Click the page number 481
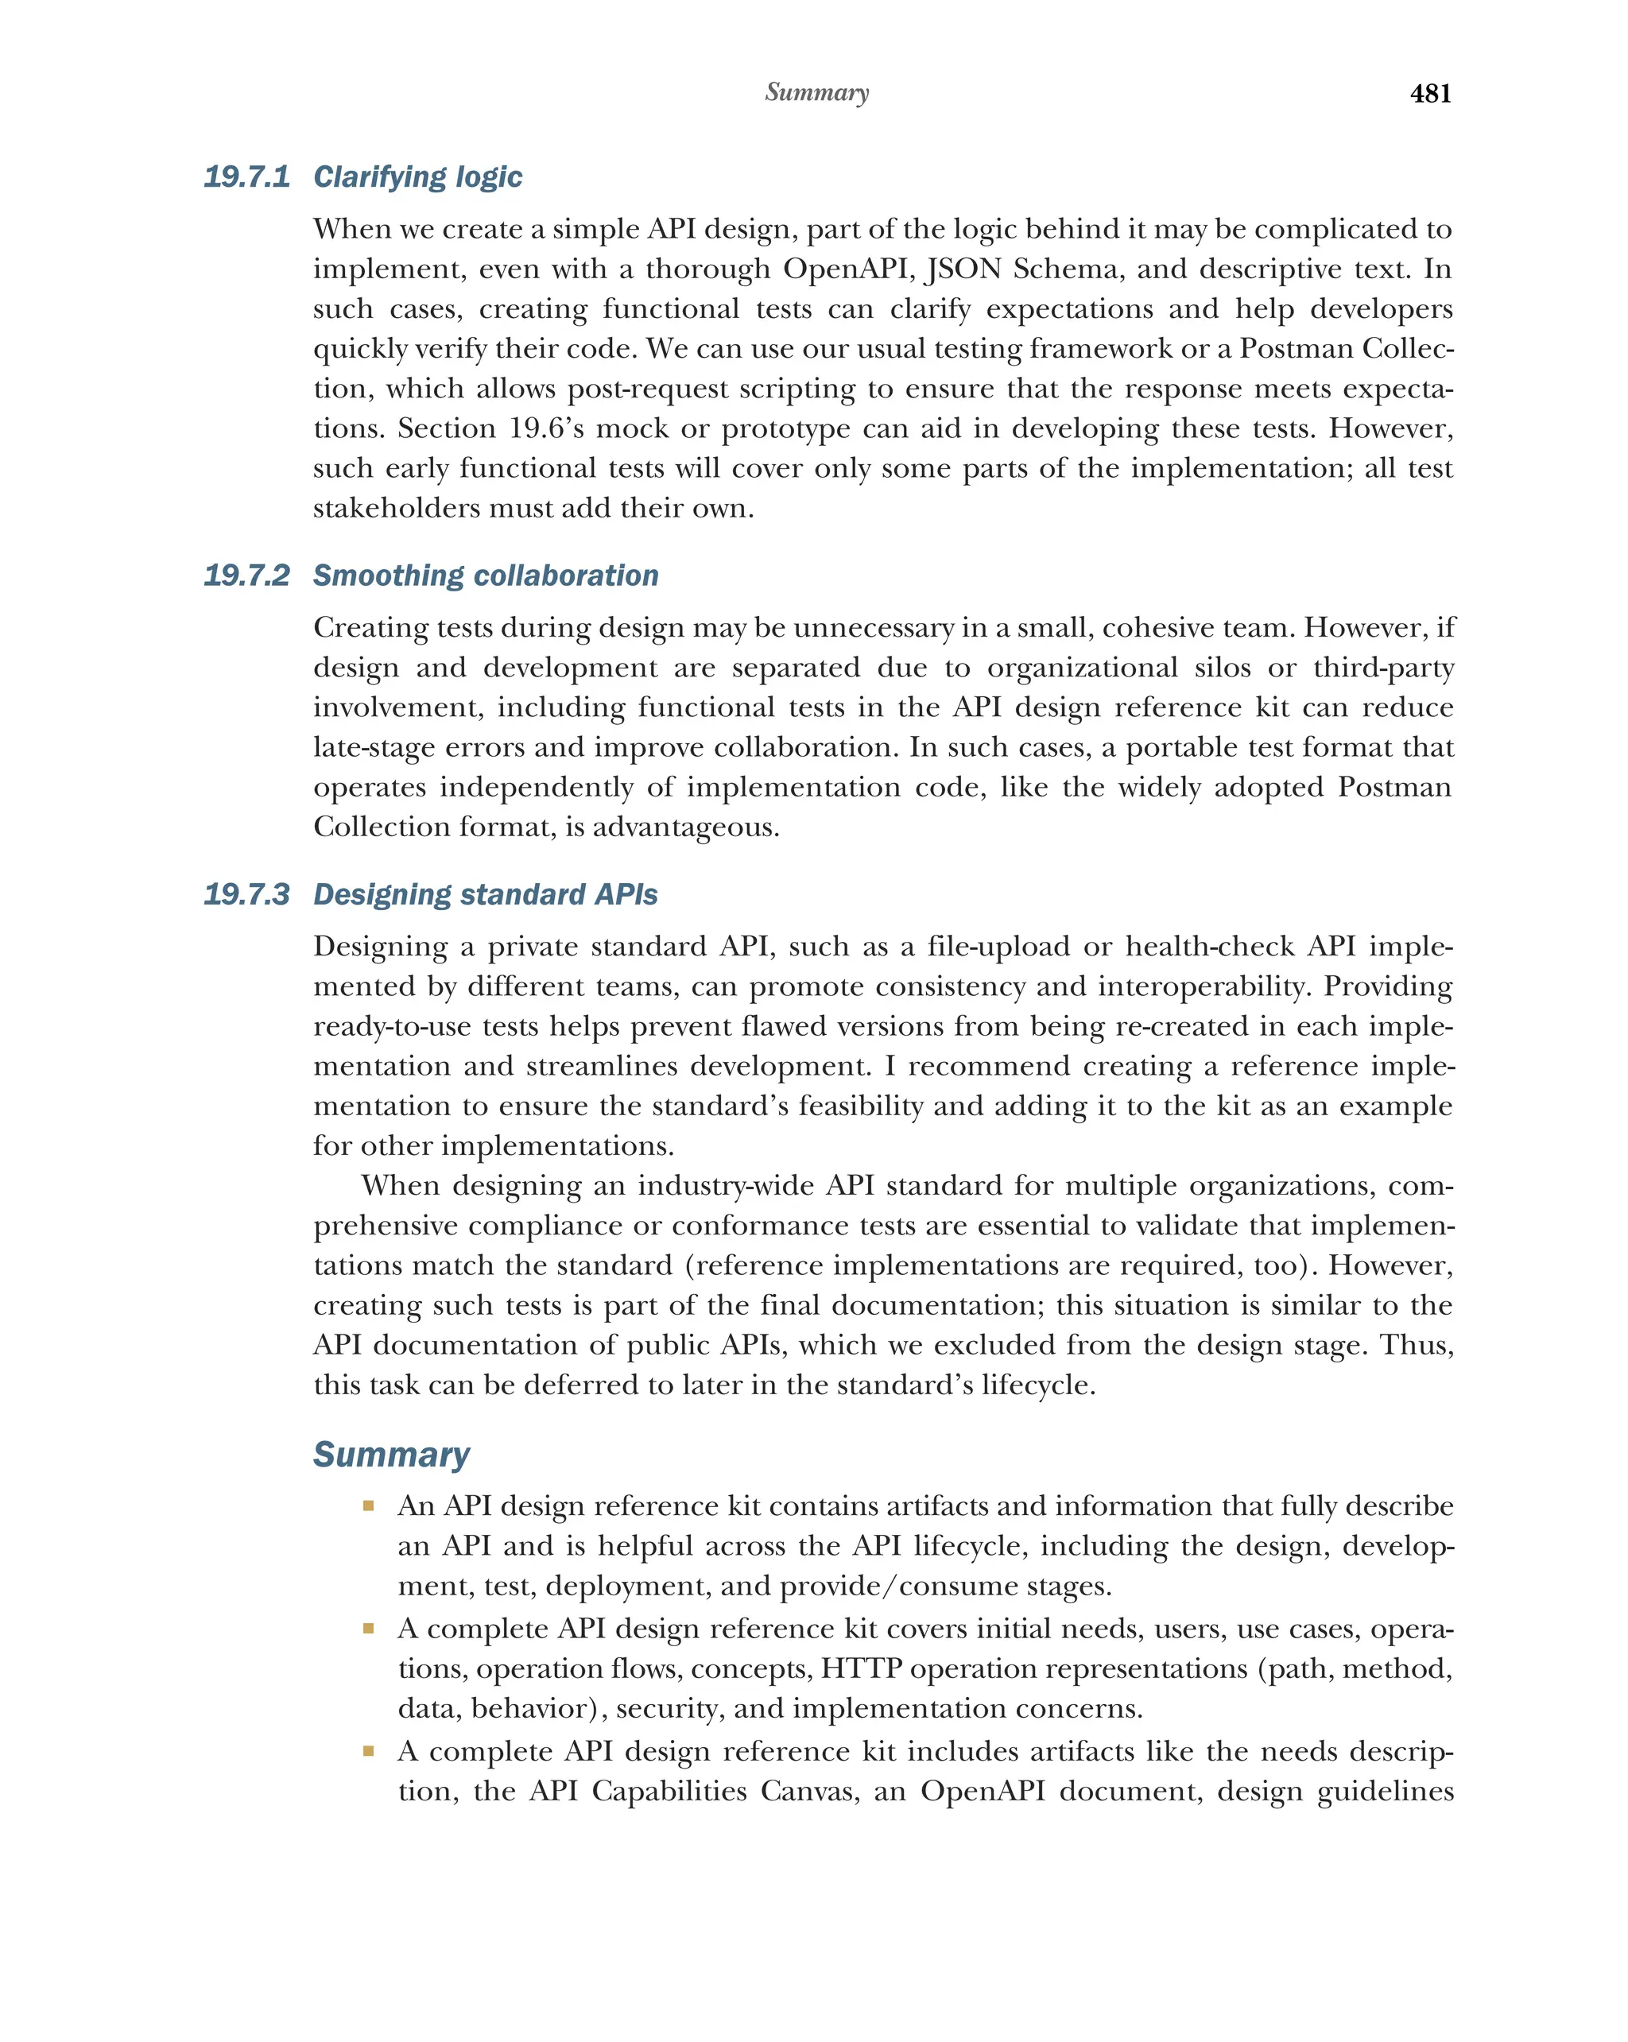tap(1429, 93)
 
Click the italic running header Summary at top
tap(816, 92)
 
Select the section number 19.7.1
tap(246, 177)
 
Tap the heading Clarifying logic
tap(417, 177)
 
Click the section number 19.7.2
tap(246, 575)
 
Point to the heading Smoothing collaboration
tap(485, 575)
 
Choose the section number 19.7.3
tap(246, 894)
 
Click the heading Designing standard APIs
tap(485, 894)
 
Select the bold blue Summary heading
tap(390, 1454)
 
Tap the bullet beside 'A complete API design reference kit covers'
tap(368, 1628)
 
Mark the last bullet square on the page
tap(368, 1750)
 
